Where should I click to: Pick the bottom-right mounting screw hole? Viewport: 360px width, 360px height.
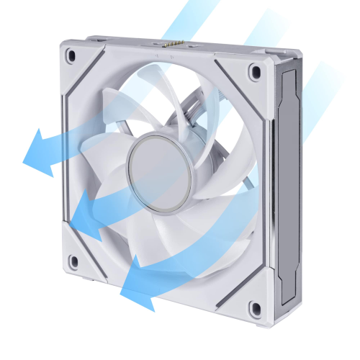point(253,310)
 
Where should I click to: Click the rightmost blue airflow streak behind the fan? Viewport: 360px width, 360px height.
point(324,79)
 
